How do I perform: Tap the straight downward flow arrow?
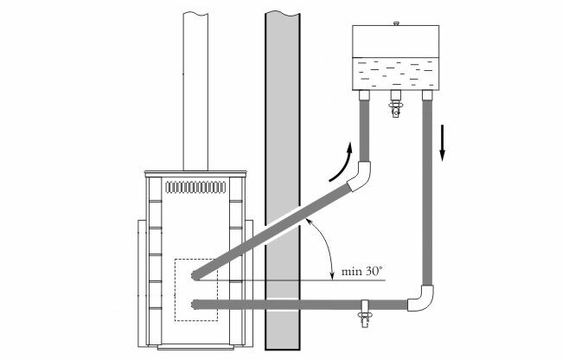tap(443, 143)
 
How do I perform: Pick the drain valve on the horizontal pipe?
tap(365, 314)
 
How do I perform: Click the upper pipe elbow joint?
tap(360, 176)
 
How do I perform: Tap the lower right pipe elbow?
tap(421, 298)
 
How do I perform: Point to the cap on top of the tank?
tap(396, 23)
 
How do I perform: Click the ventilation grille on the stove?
tap(195, 187)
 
